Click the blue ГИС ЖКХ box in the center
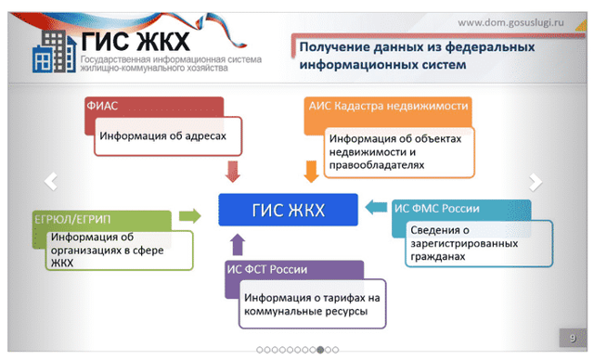288,210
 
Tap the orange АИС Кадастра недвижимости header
387,106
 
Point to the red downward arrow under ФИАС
233,171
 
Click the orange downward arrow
311,171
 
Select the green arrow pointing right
189,215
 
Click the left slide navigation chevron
51,181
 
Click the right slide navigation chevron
536,181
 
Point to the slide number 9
572,336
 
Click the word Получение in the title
333,47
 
